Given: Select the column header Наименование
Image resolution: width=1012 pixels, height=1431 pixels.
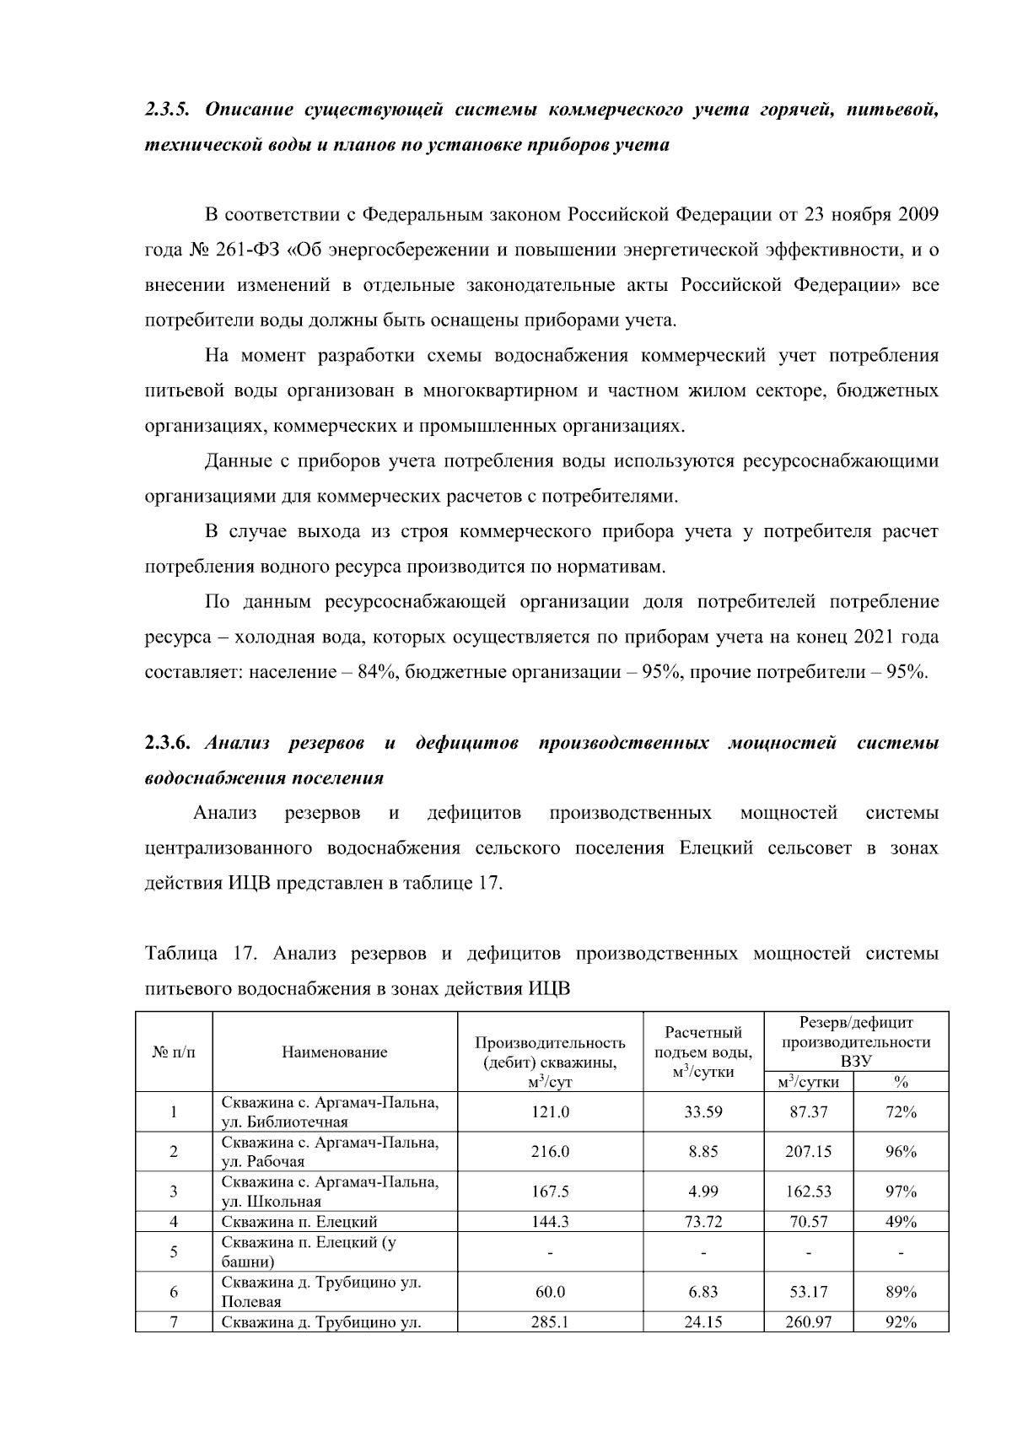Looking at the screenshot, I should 335,1052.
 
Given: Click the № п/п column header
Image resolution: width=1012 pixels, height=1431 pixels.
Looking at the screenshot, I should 174,1052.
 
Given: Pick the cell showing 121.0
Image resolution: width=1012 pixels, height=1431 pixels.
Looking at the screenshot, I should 550,1111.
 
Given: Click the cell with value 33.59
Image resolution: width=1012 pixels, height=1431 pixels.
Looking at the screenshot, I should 703,1111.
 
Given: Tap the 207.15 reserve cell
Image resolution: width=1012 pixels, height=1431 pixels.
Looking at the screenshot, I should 808,1151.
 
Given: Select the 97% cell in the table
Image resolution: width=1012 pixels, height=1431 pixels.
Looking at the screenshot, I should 901,1191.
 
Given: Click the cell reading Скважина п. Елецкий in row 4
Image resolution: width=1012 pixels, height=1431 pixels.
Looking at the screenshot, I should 299,1221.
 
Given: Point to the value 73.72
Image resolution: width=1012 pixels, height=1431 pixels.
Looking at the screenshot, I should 703,1221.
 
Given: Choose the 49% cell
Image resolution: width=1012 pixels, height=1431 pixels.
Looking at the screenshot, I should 901,1221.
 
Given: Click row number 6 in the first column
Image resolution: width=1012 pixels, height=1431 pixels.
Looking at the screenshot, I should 174,1291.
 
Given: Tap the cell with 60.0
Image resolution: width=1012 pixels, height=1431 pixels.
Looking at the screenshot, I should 550,1291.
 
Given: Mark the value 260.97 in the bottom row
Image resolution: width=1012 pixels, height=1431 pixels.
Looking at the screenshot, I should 808,1322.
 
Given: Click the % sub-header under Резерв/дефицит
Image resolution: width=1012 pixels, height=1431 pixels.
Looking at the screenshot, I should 901,1082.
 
